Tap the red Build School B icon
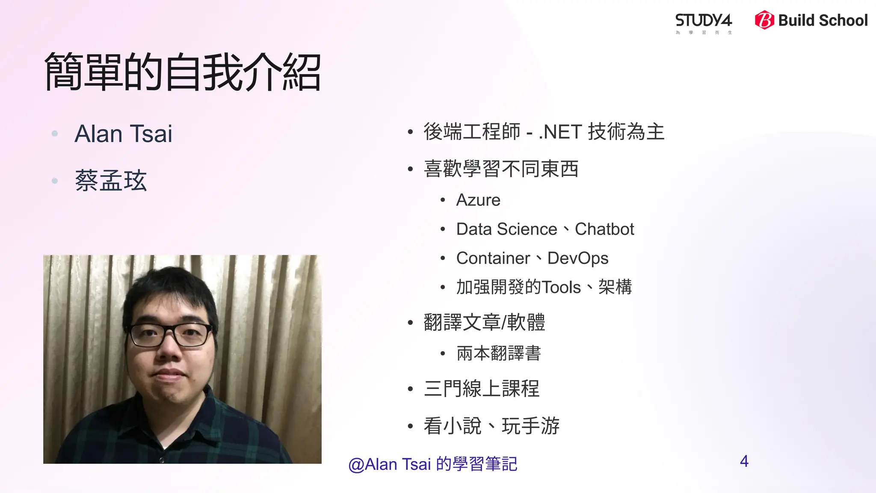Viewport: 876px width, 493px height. [x=764, y=20]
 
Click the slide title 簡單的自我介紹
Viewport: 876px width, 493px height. [x=183, y=72]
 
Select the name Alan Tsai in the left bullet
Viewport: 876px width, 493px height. [x=123, y=134]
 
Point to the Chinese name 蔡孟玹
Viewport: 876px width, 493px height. [x=111, y=181]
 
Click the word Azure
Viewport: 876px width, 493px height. [x=478, y=200]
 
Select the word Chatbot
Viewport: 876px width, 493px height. [x=604, y=229]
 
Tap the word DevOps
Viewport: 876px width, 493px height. [x=578, y=258]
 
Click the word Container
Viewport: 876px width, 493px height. [x=493, y=258]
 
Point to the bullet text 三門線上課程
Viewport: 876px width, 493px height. [x=482, y=389]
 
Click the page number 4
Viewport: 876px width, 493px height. [x=744, y=461]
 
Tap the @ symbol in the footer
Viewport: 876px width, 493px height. [x=356, y=465]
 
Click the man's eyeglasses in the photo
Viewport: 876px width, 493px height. [x=171, y=334]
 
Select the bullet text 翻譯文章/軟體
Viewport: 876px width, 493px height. [x=484, y=323]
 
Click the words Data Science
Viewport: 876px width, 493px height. [x=507, y=229]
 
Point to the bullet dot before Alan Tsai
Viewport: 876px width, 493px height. [x=55, y=134]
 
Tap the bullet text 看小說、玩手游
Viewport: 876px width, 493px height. [x=491, y=426]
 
